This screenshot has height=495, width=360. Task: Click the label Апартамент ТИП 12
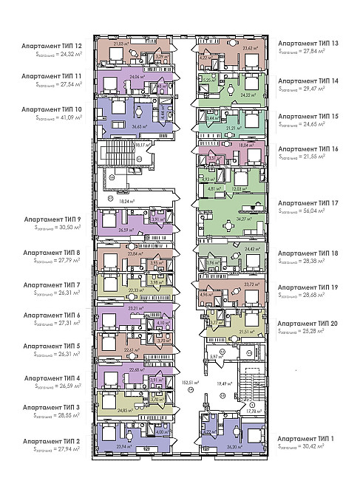[52, 45]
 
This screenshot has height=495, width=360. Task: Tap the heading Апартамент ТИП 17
[308, 202]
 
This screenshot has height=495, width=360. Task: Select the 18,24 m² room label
[127, 200]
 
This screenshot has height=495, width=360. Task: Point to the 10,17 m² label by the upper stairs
[140, 145]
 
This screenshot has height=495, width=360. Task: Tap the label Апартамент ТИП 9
[52, 219]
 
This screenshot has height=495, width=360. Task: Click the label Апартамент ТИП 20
[308, 323]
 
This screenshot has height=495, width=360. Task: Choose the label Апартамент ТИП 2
[52, 440]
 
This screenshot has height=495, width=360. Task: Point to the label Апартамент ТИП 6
[52, 315]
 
